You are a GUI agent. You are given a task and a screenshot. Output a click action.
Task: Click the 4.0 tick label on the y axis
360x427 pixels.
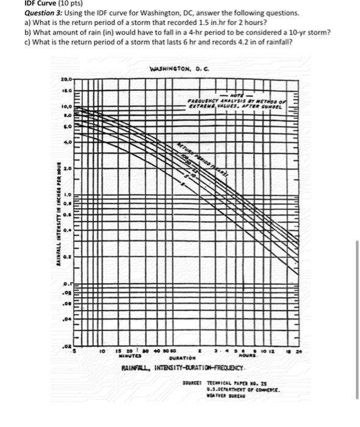(x=68, y=141)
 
